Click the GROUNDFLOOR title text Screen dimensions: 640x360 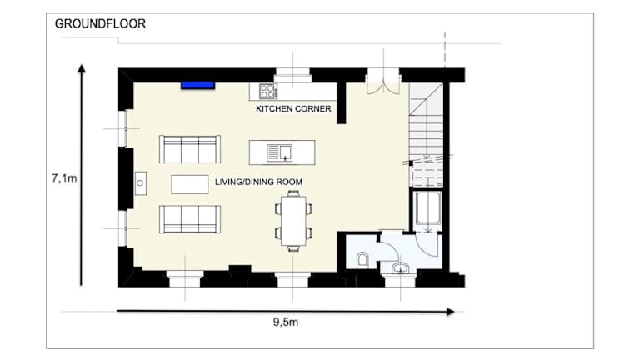click(100, 23)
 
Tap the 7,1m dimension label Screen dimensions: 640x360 click(64, 178)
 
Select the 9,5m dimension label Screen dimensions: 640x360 click(286, 322)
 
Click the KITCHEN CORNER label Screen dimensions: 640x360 click(293, 109)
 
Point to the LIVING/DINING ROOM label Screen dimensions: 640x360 click(259, 182)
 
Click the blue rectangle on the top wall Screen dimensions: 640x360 click(198, 85)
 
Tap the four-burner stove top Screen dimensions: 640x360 click(268, 92)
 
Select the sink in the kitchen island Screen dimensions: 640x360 click(280, 152)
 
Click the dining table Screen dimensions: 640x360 click(293, 220)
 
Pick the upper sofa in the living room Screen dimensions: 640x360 click(190, 149)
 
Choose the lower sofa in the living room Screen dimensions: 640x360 click(190, 219)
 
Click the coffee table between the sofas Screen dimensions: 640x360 click(190, 184)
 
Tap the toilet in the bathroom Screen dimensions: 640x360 click(362, 260)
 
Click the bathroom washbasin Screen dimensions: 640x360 click(400, 268)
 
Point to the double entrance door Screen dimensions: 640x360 click(383, 82)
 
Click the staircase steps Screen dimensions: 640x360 click(426, 135)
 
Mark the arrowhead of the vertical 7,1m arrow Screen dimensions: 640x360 click(82, 68)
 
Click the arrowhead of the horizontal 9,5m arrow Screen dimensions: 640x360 click(451, 312)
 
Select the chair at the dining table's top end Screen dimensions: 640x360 click(293, 193)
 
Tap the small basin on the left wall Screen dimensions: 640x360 click(140, 183)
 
